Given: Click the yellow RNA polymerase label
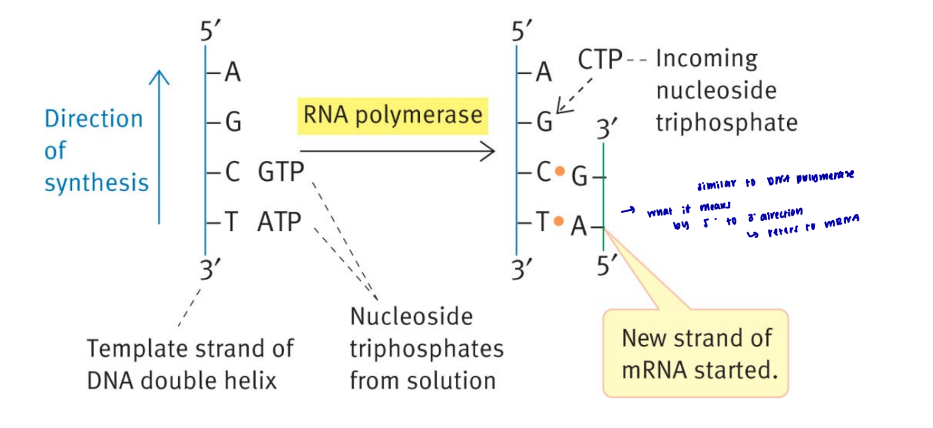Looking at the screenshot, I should coord(392,115).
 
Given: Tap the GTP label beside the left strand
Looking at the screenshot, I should coord(281,172).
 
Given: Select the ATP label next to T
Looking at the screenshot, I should coord(279,222).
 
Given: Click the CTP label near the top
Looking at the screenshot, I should coord(599,60).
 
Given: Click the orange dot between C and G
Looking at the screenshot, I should coord(559,171).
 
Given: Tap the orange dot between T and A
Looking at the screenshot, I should coord(559,221).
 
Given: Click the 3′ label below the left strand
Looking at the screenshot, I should coord(208,271).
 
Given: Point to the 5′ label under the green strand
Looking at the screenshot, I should coord(607,265).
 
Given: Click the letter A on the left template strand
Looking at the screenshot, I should coord(232,74).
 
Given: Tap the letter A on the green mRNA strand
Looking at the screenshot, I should coord(579,227).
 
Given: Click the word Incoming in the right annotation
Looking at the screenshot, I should coord(706,59).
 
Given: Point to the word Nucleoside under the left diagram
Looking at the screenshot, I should coord(411,317).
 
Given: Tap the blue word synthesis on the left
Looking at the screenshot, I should coord(96,183).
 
